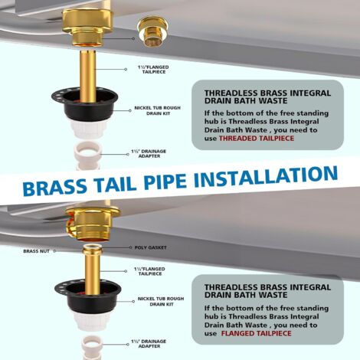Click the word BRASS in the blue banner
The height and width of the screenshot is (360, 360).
click(55, 186)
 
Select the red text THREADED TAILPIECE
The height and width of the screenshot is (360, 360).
click(257, 139)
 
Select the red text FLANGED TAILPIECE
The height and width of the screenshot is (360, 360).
click(256, 333)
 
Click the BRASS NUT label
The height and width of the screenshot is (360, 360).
click(36, 251)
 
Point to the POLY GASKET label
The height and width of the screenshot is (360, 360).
click(151, 247)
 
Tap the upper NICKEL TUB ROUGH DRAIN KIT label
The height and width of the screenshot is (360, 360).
click(158, 110)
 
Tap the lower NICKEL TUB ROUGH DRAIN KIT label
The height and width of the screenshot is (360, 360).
click(161, 301)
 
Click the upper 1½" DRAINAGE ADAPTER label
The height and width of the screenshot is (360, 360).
click(149, 153)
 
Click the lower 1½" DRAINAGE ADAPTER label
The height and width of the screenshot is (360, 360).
click(149, 344)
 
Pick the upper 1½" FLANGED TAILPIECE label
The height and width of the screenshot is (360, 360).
click(153, 70)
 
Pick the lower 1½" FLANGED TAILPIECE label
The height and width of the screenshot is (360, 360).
click(150, 271)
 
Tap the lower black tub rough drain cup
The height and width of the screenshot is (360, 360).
click(88, 297)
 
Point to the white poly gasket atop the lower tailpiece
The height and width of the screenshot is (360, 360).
click(92, 247)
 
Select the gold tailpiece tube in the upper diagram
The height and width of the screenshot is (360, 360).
click(88, 76)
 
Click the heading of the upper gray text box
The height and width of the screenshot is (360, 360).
click(267, 97)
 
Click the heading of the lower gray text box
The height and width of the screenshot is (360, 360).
click(267, 291)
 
